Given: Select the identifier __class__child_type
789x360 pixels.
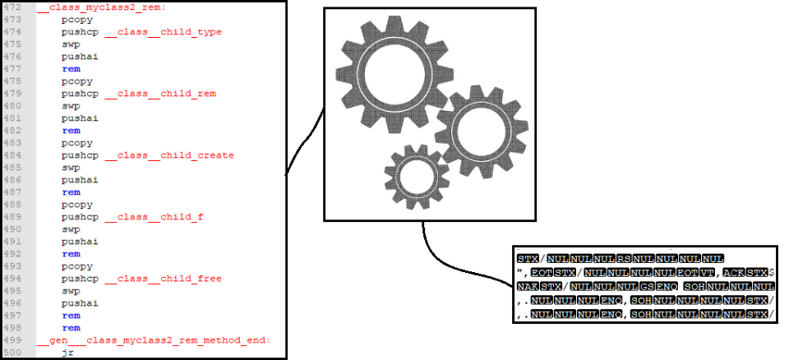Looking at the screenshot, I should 163,32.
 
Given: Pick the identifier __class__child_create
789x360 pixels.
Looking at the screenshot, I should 169,155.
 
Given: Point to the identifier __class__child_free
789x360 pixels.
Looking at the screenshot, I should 163,279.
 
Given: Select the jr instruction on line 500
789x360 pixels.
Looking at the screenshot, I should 67,353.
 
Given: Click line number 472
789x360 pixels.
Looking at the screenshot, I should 13,7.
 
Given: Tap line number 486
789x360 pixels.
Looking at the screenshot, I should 13,180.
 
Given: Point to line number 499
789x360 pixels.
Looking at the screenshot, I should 13,340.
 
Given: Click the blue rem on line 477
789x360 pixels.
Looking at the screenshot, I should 71,69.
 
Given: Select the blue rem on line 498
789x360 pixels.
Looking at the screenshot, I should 71,328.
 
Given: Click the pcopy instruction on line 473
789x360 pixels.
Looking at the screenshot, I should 76,20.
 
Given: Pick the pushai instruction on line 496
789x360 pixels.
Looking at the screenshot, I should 80,303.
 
